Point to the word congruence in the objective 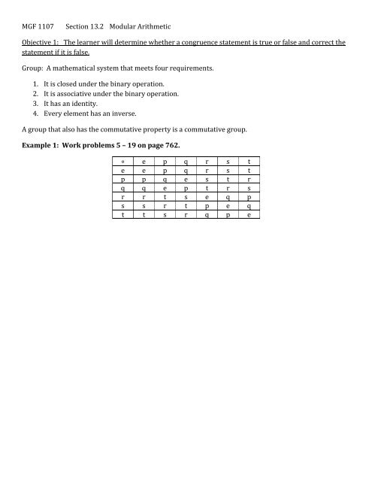pyautogui.click(x=198, y=43)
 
